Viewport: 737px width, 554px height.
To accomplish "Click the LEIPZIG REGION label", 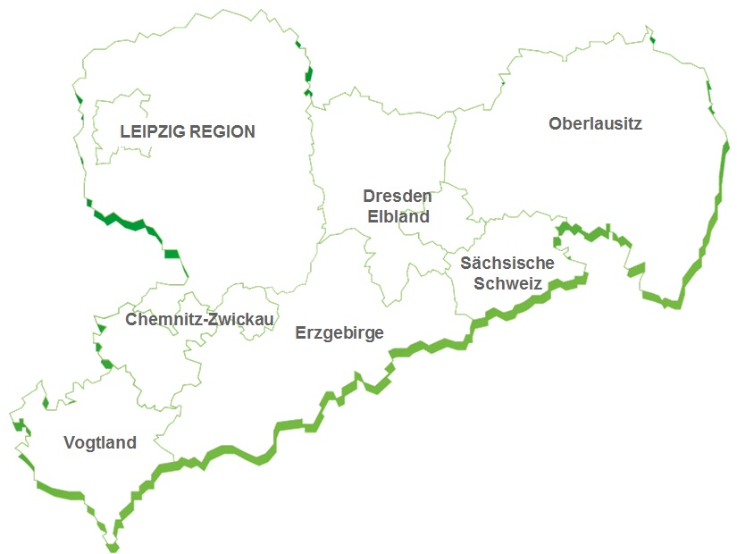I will tap(188, 132).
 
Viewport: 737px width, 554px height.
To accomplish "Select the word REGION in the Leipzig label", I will tap(225, 132).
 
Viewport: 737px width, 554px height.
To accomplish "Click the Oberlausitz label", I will tap(595, 123).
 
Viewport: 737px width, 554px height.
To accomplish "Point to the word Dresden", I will tap(397, 196).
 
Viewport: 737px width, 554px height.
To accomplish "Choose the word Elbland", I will tap(398, 216).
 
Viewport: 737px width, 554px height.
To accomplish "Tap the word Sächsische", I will tap(507, 264).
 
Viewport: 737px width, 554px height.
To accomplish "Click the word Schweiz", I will tap(507, 284).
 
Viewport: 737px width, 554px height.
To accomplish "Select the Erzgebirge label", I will tap(339, 333).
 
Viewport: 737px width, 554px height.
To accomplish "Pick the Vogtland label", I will tap(100, 442).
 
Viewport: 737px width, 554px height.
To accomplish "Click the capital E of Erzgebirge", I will tap(300, 333).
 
